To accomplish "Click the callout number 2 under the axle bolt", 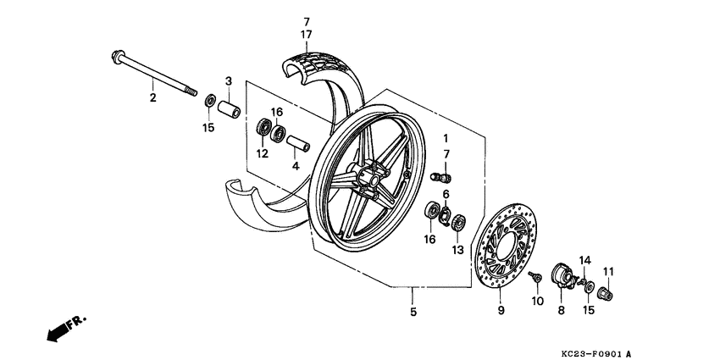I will click(x=153, y=97).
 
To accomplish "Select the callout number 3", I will click(x=228, y=80).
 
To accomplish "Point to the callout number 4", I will click(x=296, y=166).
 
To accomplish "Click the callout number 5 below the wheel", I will click(x=413, y=313).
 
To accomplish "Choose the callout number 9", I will click(x=499, y=313).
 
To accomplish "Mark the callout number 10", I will click(x=537, y=302).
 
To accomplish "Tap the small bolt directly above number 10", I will click(x=535, y=277).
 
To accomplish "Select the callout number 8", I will click(x=561, y=311).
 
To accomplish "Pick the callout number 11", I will click(x=607, y=271).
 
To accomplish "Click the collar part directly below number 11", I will click(x=606, y=294).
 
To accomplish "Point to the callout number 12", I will click(x=263, y=153).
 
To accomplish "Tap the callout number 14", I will click(x=584, y=259).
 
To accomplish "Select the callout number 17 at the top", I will click(x=307, y=34).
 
